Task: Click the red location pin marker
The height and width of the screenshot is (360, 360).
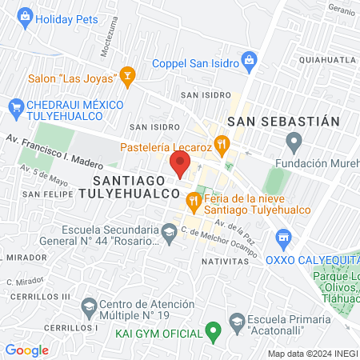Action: (x=180, y=164)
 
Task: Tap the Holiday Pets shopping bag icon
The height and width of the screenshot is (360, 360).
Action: (x=26, y=16)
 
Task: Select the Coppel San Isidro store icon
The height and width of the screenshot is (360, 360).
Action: (x=250, y=58)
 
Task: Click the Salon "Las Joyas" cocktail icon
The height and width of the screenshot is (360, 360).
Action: (x=126, y=77)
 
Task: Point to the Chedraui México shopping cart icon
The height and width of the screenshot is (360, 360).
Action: (x=14, y=106)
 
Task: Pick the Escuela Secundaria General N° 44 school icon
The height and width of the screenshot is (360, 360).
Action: (x=168, y=233)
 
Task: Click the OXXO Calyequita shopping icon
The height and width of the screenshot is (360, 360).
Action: (x=282, y=238)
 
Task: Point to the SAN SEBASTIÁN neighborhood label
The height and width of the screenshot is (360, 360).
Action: (x=284, y=121)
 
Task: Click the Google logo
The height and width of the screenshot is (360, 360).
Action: (x=26, y=350)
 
